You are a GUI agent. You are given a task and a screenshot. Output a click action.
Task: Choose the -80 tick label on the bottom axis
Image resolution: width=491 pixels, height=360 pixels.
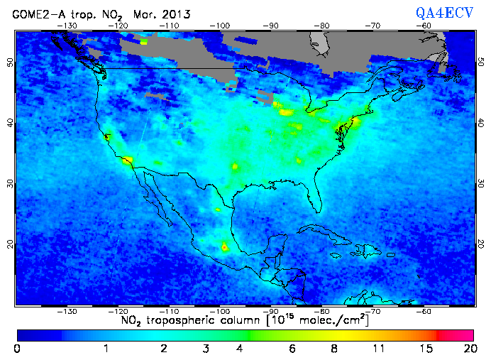[321, 311]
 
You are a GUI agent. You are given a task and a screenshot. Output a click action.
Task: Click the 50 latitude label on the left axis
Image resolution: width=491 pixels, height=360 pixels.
[9, 62]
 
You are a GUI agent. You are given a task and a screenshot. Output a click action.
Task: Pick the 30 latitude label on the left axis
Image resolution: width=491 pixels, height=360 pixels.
[9, 183]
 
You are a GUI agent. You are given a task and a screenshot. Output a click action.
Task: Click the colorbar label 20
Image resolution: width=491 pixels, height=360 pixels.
[468, 349]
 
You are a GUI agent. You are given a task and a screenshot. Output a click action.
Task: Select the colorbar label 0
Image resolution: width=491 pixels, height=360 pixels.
[17, 349]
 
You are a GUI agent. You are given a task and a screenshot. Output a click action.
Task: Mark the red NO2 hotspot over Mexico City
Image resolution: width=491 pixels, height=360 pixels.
[226, 247]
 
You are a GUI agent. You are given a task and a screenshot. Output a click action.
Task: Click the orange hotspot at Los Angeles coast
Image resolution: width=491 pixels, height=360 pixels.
[128, 161]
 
